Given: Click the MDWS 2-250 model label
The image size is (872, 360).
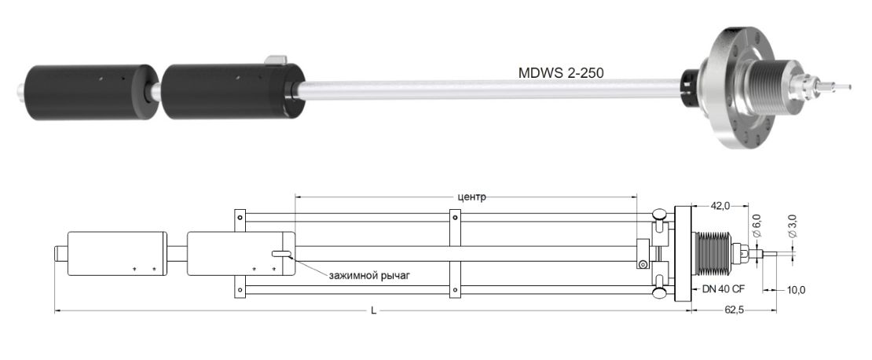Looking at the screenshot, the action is pos(561,73).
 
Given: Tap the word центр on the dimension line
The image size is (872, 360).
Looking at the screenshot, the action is pos(471,197).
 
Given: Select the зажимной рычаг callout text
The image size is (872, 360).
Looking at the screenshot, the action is pos(369,275).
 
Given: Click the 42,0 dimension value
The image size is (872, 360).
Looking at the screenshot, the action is pos(720,206).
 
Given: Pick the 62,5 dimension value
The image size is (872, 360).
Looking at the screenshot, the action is pos(734,310).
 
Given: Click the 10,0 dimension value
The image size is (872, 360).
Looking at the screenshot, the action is pos(796,290).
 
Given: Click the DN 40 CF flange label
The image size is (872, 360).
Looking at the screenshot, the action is pos(720,289).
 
